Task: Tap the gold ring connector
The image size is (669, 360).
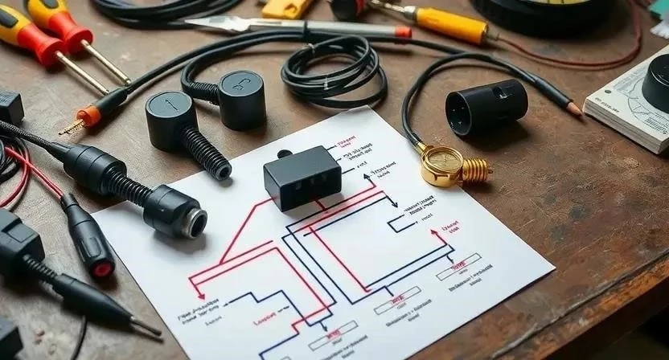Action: (441, 163)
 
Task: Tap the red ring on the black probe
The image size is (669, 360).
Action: (102, 267)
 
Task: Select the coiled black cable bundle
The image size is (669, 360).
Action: (330, 68)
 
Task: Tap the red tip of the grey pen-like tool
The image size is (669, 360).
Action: (403, 33)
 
